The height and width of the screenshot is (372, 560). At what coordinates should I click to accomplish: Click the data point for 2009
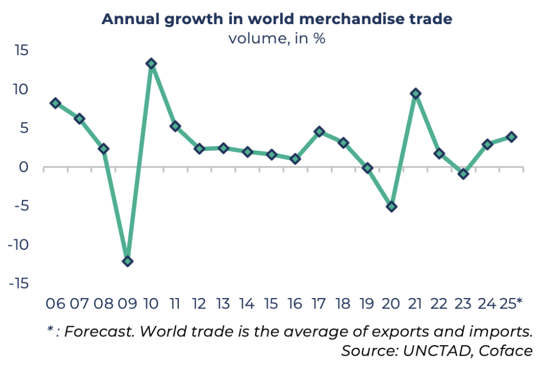(127, 261)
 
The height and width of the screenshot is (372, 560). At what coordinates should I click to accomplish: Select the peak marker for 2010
(151, 64)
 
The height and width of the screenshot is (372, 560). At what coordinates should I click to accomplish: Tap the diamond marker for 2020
(391, 207)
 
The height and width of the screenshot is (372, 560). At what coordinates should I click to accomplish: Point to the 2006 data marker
(55, 103)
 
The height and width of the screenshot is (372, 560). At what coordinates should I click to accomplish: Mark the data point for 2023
(463, 174)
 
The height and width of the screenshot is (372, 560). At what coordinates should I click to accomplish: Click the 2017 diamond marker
(319, 131)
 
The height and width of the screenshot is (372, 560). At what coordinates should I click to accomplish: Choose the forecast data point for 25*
(511, 137)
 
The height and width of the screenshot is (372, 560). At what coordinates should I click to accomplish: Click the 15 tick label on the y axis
(22, 50)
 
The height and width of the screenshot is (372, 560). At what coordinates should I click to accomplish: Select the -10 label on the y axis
(19, 245)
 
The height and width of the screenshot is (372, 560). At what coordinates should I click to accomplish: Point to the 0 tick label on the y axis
(24, 167)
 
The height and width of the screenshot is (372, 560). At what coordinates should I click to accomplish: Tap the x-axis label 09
(127, 303)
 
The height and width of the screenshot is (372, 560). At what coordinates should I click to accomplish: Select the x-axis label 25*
(511, 303)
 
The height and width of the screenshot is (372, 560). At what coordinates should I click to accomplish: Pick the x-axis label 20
(391, 303)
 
